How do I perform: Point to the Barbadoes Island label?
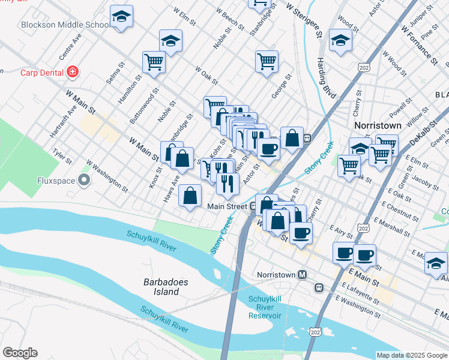click(x=161, y=286)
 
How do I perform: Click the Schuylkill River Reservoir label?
click(x=264, y=307)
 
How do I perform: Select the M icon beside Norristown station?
click(x=303, y=274)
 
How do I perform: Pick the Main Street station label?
click(x=227, y=206)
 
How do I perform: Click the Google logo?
click(x=20, y=353)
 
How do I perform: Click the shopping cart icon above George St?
click(x=267, y=60)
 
